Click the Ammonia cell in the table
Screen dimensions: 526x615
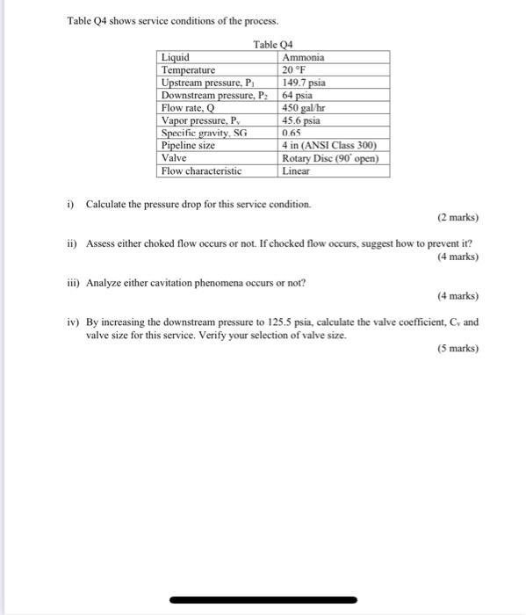pos(303,58)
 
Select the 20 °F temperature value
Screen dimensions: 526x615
pos(293,70)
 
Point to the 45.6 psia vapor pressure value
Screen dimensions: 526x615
pos(300,120)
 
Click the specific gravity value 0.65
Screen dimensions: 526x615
pos(291,133)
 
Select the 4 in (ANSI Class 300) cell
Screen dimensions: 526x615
pos(329,146)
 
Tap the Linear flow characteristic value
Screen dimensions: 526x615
pos(296,171)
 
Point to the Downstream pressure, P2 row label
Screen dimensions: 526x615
pos(217,95)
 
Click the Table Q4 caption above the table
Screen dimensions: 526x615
pos(273,45)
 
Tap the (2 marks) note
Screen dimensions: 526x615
pos(457,218)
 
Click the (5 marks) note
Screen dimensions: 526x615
pos(457,349)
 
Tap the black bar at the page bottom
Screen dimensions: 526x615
pos(263,600)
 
